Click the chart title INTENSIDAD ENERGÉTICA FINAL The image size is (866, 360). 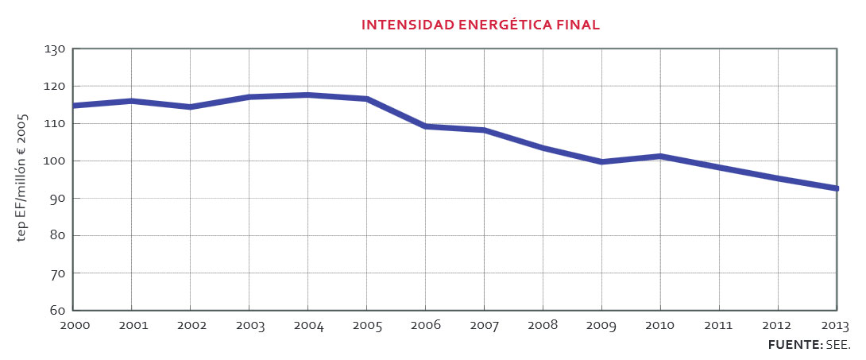(x=480, y=25)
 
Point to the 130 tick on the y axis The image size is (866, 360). (x=54, y=49)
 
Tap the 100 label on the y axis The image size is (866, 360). (x=54, y=161)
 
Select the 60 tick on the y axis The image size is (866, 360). (x=56, y=311)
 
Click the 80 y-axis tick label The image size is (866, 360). (x=56, y=236)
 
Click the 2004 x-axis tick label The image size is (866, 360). (x=307, y=326)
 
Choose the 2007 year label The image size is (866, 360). (x=484, y=326)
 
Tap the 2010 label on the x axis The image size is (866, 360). (x=660, y=326)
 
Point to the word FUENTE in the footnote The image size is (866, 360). (x=794, y=346)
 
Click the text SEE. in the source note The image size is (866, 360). (x=838, y=346)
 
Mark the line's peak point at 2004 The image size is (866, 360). (x=307, y=95)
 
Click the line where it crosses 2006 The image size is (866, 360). (x=425, y=126)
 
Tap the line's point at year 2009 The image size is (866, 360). (x=601, y=161)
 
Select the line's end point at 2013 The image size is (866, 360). (x=836, y=188)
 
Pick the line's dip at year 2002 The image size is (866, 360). (x=190, y=106)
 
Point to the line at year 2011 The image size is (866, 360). (x=719, y=168)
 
